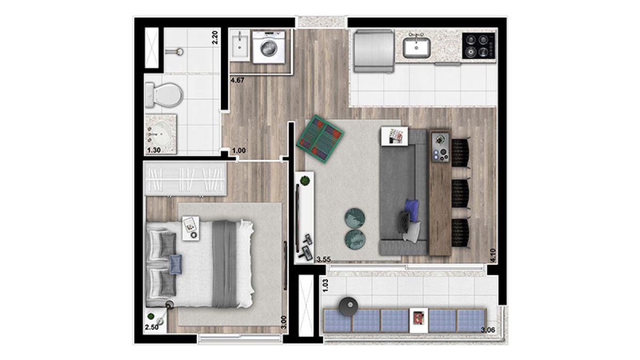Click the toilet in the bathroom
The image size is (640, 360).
pos(164,95)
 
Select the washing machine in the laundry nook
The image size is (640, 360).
pos(269,47)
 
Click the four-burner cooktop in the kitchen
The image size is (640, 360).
pos(478,46)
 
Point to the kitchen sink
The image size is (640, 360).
pos(417,47)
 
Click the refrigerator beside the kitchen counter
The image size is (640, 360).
pos(373,51)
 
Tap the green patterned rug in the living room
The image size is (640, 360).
pos(320,139)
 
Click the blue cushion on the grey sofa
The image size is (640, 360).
pos(412,210)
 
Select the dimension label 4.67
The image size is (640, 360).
pos(237,81)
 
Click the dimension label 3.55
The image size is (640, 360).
pos(323,259)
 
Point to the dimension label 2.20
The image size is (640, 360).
pos(215,37)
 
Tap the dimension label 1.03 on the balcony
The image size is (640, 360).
pos(325,285)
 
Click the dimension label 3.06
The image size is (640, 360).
pos(488,330)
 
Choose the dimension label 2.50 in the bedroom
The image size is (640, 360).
pos(151,327)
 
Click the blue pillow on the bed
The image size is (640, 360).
pos(175,265)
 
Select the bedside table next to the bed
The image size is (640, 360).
pos(191,228)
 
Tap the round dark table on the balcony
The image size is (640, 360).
pos(349,306)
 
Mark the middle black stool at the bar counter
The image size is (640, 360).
pos(460,193)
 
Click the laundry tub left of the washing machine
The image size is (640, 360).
pos(239,45)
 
